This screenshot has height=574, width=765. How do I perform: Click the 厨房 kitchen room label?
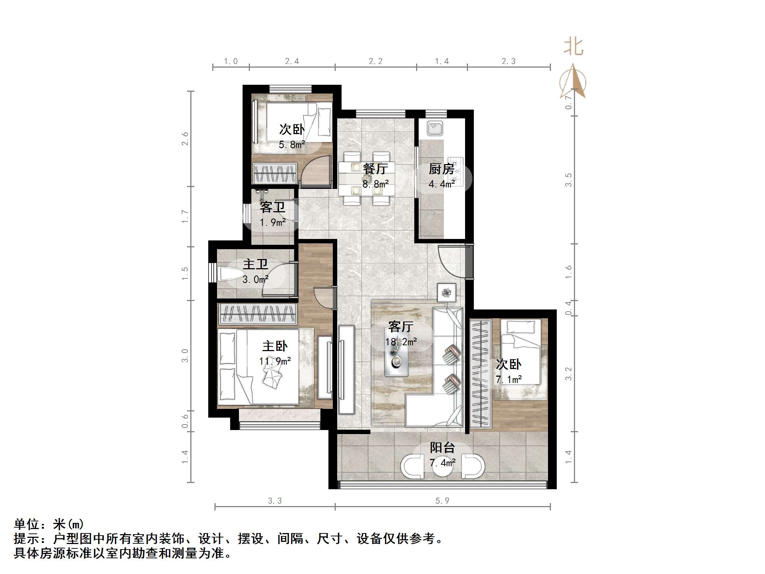[441, 169]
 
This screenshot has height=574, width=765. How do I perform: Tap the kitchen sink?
[435, 129]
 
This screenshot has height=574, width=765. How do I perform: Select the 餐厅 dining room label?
[375, 169]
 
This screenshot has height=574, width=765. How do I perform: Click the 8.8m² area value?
[375, 184]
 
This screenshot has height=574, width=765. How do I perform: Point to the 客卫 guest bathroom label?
[272, 207]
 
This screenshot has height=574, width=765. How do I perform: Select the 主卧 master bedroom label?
[275, 346]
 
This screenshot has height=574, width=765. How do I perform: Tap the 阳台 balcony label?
[442, 447]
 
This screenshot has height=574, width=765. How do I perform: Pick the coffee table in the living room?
[396, 352]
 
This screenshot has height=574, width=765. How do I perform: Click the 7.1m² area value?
[509, 379]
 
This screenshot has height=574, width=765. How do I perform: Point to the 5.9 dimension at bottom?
[442, 501]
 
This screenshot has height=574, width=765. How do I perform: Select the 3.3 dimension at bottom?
[275, 501]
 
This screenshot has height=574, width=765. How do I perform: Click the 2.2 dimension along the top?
[375, 61]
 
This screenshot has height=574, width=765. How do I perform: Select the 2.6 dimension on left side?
[185, 138]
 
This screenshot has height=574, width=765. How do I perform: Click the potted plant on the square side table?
[446, 293]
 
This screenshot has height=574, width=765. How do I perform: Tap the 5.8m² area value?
[292, 145]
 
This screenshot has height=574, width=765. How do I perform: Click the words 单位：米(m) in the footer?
[49, 524]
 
